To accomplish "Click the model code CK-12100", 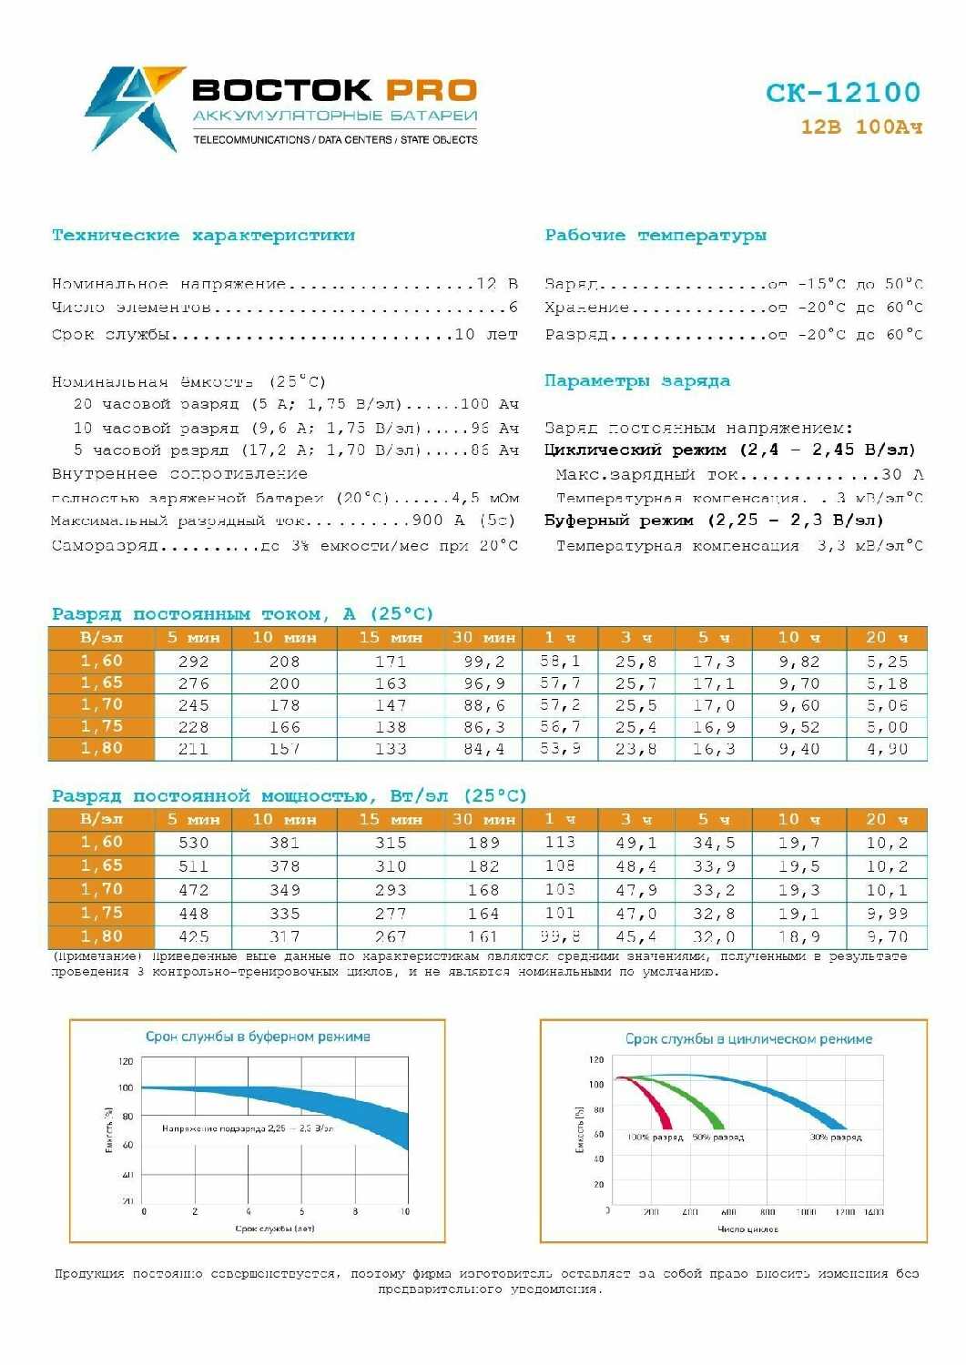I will click(842, 92).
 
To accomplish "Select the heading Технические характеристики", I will click(203, 236).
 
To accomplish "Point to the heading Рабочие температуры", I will click(656, 236).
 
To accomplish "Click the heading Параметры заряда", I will click(637, 380).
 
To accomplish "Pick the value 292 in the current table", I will click(193, 662).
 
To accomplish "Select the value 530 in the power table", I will click(193, 843).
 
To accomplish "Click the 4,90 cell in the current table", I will click(887, 749).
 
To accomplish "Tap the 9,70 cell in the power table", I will click(887, 936).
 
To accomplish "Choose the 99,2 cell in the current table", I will click(483, 662).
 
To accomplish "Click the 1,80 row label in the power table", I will click(101, 936).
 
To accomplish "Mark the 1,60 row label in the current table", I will click(101, 662).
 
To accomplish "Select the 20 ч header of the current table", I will click(887, 638).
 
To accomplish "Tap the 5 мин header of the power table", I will click(193, 819).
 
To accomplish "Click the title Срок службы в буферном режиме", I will click(258, 1036).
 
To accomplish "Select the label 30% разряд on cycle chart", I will click(836, 1137).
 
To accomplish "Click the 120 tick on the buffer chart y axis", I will click(126, 1061).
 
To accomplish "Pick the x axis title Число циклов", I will click(747, 1229).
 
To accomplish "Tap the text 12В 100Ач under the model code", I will click(861, 127).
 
